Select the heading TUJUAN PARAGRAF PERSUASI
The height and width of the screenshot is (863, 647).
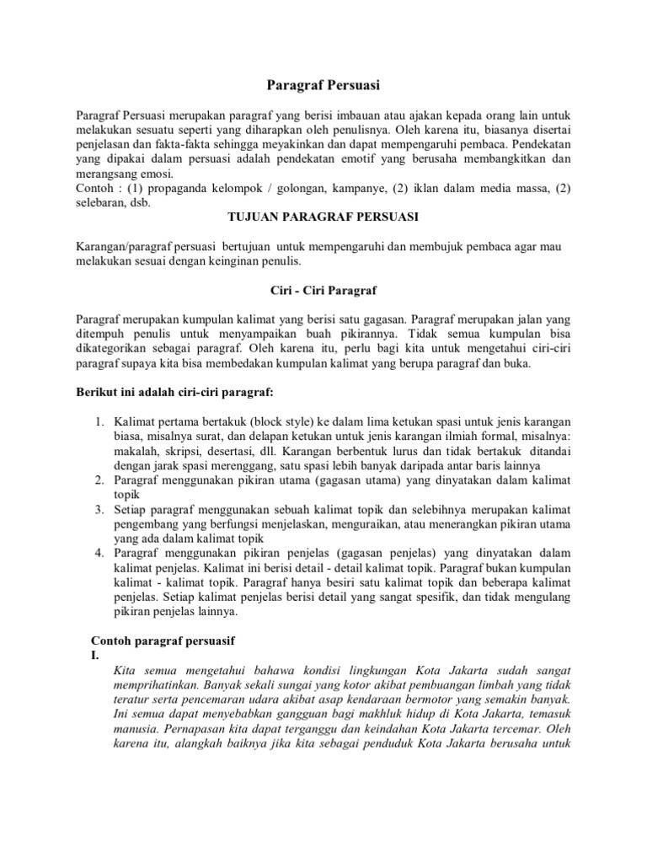point(323,217)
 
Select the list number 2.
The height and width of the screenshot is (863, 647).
point(98,480)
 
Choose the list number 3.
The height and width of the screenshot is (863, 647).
point(98,509)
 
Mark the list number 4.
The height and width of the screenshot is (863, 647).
point(98,553)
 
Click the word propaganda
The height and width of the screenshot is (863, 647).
point(179,190)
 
